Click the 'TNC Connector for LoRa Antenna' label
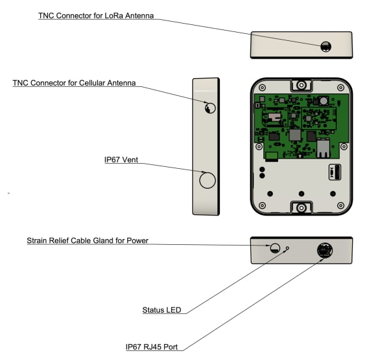pyautogui.click(x=96, y=16)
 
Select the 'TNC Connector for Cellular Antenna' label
pyautogui.click(x=74, y=84)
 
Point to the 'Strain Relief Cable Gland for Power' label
pyautogui.click(x=88, y=241)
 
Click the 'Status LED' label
pyautogui.click(x=161, y=311)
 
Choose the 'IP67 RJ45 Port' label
pyautogui.click(x=151, y=347)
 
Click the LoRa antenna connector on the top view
pyautogui.click(x=325, y=46)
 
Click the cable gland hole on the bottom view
pyautogui.click(x=275, y=249)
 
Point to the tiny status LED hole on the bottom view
pyautogui.click(x=288, y=248)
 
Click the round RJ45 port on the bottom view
pyautogui.click(x=324, y=250)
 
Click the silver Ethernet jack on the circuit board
pyautogui.click(x=323, y=149)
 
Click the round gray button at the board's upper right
pyautogui.click(x=323, y=100)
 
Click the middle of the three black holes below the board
pyautogui.click(x=301, y=193)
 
